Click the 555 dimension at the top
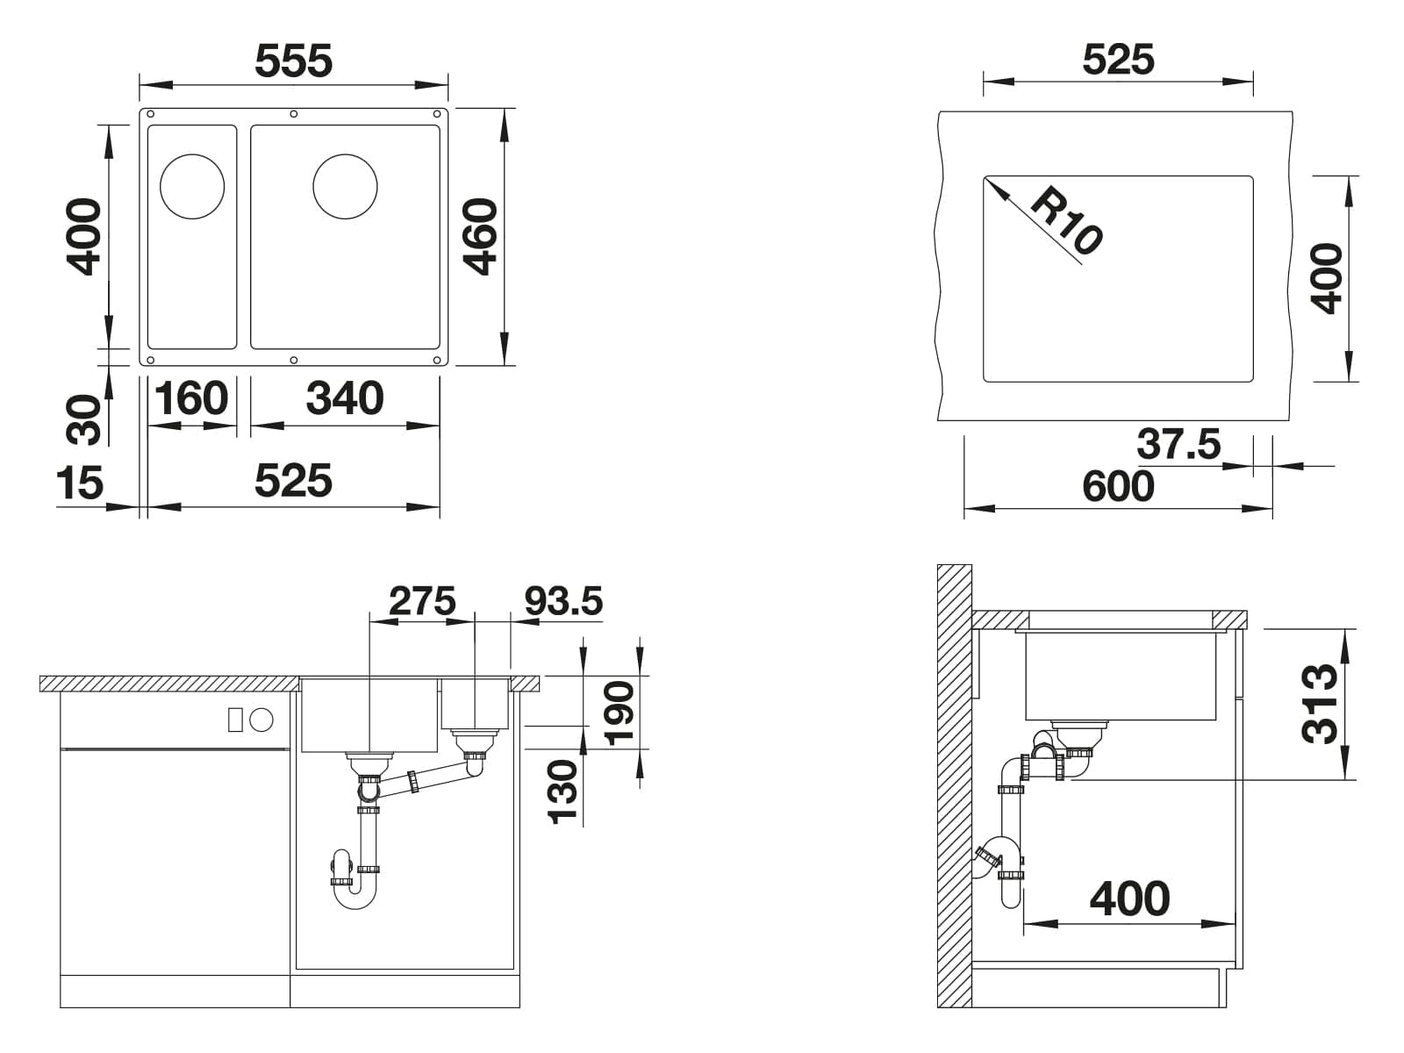coord(294,61)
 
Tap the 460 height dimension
coord(480,237)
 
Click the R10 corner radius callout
coord(1067,219)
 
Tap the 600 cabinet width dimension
coord(1118,486)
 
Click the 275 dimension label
coord(422,601)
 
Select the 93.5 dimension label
coord(563,601)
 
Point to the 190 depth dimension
coord(620,714)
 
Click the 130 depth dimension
coord(562,791)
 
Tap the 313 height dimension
coord(1319,704)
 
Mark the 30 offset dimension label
coord(83,420)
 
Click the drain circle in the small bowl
coord(192,187)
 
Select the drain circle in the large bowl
coord(346,187)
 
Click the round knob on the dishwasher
coord(261,720)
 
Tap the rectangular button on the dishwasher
coord(235,720)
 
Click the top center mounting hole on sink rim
coord(294,114)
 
